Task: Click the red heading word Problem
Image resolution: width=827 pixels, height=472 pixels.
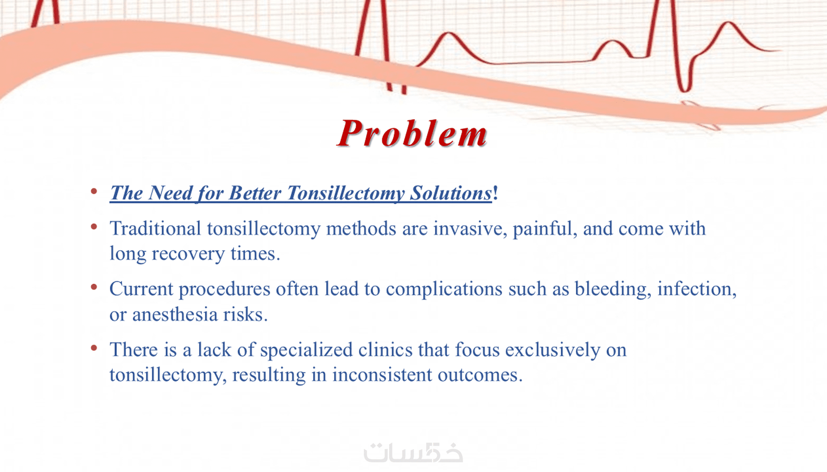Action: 413,133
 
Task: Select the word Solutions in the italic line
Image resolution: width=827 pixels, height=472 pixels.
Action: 451,193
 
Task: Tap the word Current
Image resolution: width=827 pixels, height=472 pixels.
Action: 141,289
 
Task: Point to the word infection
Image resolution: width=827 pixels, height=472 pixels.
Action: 697,289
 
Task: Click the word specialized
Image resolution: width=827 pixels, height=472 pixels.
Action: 306,350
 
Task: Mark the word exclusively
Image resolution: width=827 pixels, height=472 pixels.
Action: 552,350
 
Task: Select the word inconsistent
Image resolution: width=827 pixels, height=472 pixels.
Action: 382,375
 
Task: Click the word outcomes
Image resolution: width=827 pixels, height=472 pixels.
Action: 480,375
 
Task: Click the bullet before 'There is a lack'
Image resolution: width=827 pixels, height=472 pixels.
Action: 94,347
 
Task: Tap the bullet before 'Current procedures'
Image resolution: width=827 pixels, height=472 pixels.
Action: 94,287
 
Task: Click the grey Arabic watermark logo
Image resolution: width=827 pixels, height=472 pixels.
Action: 413,453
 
